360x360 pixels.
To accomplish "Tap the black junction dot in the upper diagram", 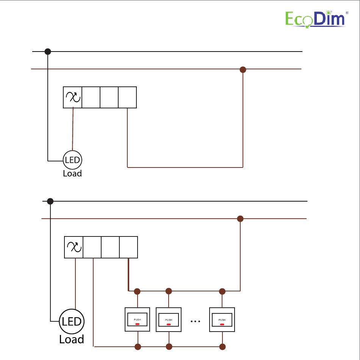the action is tap(48, 51).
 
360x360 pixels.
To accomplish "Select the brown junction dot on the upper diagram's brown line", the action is tap(243, 70).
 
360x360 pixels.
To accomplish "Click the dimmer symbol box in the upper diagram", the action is tap(72, 97).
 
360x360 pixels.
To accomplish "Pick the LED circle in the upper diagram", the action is tap(72, 160).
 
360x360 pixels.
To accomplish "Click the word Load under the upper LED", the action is tap(72, 174).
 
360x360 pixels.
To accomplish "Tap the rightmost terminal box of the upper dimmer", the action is tap(127, 97).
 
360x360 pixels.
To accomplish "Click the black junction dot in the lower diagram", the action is tap(50, 201).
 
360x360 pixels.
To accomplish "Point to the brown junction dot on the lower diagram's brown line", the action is tap(240, 219).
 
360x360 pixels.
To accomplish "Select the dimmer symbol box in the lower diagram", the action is tap(74, 247).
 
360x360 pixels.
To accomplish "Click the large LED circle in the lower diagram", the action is tap(72, 321).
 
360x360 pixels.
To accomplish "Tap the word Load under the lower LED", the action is tap(71, 339).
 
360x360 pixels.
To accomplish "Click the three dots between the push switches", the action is tap(196, 321).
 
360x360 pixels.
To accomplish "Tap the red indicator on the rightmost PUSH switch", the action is tap(222, 324).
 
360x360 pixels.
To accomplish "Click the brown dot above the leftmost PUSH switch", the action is tap(138, 291).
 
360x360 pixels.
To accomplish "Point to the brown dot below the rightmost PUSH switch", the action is tap(222, 346).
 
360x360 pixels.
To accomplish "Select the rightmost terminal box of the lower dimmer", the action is tap(129, 247).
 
